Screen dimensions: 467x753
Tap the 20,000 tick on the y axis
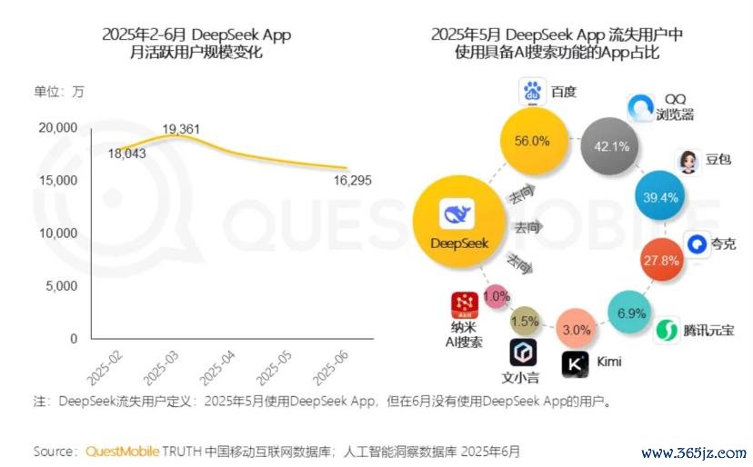point(60,127)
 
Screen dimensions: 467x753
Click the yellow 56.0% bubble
point(533,141)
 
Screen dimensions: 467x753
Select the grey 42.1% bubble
point(612,146)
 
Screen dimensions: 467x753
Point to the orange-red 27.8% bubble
point(661,260)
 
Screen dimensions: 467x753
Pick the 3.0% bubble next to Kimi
point(577,330)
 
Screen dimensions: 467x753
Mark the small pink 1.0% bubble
point(496,296)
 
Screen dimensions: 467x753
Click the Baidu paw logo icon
point(532,92)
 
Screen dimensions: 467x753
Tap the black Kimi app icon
point(575,364)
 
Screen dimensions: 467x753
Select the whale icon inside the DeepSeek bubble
point(457,215)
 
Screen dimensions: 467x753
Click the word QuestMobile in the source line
point(122,452)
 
